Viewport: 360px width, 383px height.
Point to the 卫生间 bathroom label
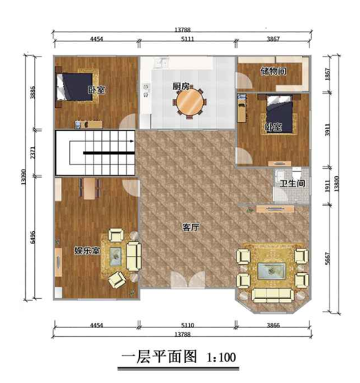click(x=291, y=184)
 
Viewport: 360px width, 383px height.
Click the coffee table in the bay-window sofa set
click(x=271, y=270)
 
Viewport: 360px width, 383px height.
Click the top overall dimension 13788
click(x=182, y=30)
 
